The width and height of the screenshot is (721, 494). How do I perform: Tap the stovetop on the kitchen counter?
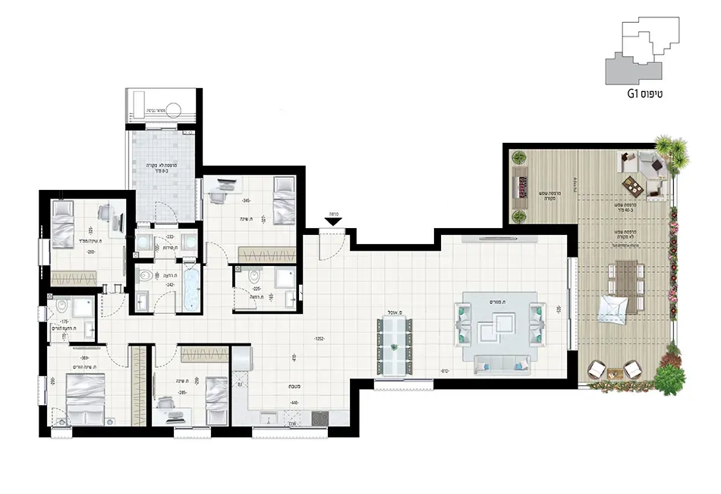tap(320, 418)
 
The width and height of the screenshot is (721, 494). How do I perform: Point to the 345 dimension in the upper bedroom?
tap(246, 201)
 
